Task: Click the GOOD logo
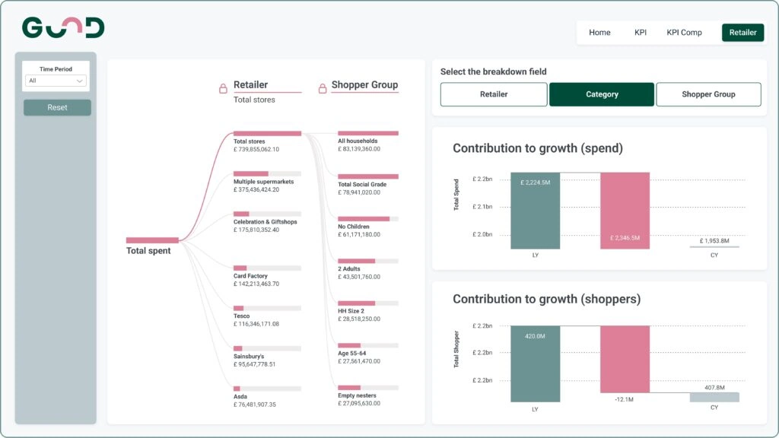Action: [x=63, y=28]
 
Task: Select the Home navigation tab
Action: [x=599, y=33]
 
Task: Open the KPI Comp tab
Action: [x=684, y=33]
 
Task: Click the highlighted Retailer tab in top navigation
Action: [x=742, y=33]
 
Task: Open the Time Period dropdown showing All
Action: [x=56, y=81]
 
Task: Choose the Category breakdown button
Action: [x=602, y=94]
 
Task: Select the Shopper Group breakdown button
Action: [x=708, y=94]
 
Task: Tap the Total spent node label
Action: [x=148, y=251]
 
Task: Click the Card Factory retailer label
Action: [x=250, y=276]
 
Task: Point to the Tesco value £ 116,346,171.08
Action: [x=256, y=324]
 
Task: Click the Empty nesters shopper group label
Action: [x=358, y=395]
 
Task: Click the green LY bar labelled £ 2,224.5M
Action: [x=536, y=211]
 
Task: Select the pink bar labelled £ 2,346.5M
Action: [x=625, y=211]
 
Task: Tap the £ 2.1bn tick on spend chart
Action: [x=482, y=207]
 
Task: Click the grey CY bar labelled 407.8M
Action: [x=714, y=397]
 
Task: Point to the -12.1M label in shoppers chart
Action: [x=625, y=400]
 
